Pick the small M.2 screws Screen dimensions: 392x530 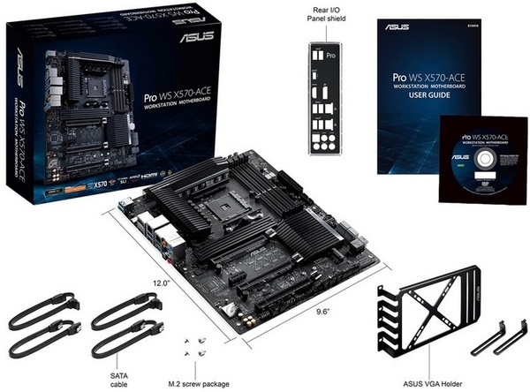tap(197, 346)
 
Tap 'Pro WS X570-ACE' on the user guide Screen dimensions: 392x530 tap(431, 79)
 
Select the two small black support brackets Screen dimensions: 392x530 tap(498, 338)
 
